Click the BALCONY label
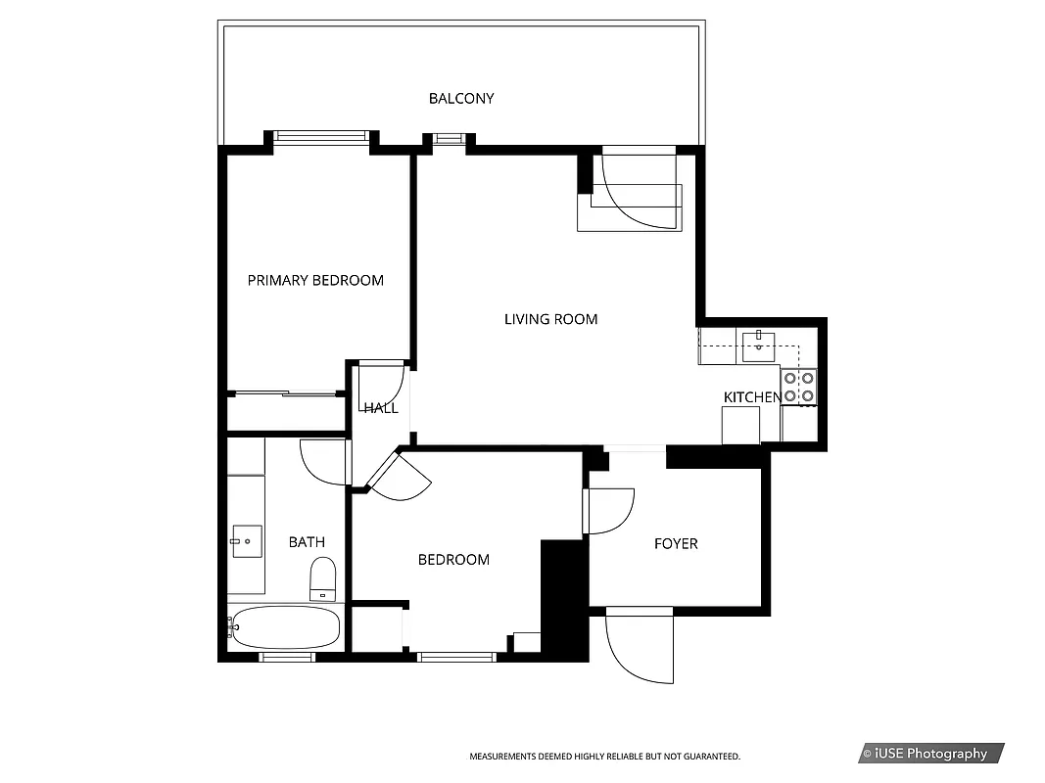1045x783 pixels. tap(461, 99)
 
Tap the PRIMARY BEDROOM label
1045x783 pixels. tap(315, 281)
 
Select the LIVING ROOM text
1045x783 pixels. tap(550, 319)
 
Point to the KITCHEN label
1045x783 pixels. tap(751, 396)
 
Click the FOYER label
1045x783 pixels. tap(676, 543)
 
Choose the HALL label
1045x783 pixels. tap(381, 408)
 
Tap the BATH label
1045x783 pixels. tap(307, 542)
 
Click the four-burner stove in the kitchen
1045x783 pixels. tap(798, 387)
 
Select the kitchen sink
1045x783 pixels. tap(758, 345)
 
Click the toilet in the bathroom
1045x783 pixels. tap(322, 578)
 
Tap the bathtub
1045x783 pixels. tap(286, 627)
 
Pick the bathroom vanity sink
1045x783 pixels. tap(247, 540)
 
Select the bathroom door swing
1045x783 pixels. tap(323, 463)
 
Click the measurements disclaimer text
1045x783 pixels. tap(604, 757)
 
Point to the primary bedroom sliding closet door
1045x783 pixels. tap(284, 393)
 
